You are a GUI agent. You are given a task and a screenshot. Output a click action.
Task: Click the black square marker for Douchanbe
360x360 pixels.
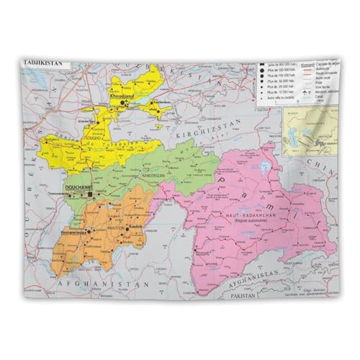90,194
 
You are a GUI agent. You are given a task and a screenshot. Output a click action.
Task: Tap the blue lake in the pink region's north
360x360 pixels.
266,168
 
